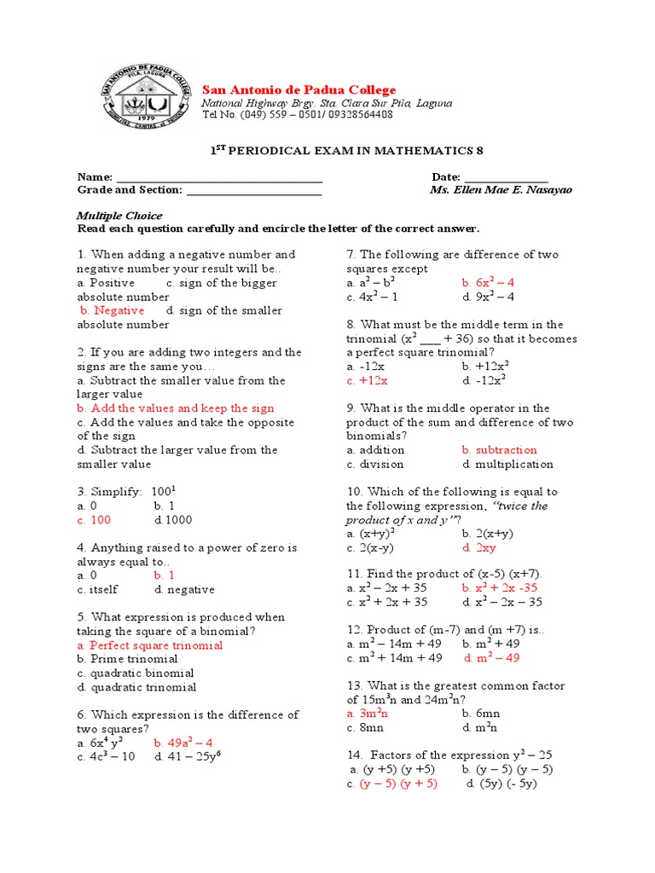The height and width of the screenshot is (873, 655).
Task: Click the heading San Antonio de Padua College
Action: (299, 90)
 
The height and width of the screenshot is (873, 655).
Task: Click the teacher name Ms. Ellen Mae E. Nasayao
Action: (501, 190)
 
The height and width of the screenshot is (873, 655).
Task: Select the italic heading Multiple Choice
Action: (119, 216)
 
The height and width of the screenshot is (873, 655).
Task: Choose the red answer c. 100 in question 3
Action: (94, 520)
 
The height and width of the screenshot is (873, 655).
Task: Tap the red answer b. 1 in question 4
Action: (164, 575)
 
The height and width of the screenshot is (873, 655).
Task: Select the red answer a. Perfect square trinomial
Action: (150, 645)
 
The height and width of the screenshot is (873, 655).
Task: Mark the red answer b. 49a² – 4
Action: (183, 743)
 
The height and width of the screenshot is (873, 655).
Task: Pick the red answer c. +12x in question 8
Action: (368, 380)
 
